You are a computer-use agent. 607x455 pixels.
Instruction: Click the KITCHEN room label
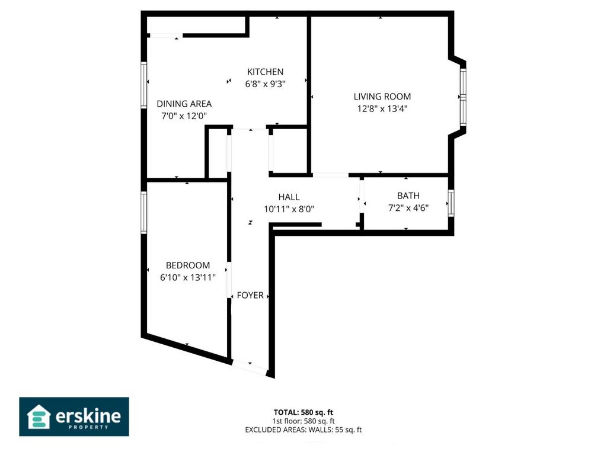pyautogui.click(x=265, y=72)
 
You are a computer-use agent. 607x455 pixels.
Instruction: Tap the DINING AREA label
pyautogui.click(x=184, y=104)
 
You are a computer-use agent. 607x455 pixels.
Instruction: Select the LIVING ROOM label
pyautogui.click(x=382, y=97)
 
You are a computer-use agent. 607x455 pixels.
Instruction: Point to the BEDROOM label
pyautogui.click(x=188, y=265)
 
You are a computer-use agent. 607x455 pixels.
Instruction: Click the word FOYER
pyautogui.click(x=250, y=295)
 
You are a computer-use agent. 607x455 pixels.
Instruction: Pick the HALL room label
pyautogui.click(x=289, y=197)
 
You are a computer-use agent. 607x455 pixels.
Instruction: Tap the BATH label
pyautogui.click(x=408, y=196)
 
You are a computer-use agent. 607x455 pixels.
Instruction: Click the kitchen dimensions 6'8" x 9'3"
pyautogui.click(x=265, y=84)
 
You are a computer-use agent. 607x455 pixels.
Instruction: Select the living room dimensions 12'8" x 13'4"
pyautogui.click(x=382, y=108)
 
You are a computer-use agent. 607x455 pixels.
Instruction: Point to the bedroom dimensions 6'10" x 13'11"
pyautogui.click(x=188, y=277)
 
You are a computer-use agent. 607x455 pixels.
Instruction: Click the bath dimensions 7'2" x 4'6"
pyautogui.click(x=408, y=208)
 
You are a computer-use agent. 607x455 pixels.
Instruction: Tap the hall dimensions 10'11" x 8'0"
pyautogui.click(x=289, y=209)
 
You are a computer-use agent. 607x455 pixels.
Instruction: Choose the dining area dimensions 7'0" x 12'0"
pyautogui.click(x=184, y=116)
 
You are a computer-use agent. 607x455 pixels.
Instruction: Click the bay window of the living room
pyautogui.click(x=463, y=97)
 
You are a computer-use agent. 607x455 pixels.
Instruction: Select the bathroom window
pyautogui.click(x=451, y=203)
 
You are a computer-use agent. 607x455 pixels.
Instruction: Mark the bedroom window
pyautogui.click(x=143, y=213)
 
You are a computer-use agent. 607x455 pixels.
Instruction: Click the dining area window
pyautogui.click(x=143, y=85)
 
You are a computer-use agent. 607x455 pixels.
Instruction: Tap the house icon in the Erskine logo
pyautogui.click(x=39, y=416)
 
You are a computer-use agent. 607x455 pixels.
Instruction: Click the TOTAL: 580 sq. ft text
pyautogui.click(x=303, y=412)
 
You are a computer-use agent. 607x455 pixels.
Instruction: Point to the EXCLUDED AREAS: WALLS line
pyautogui.click(x=303, y=430)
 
